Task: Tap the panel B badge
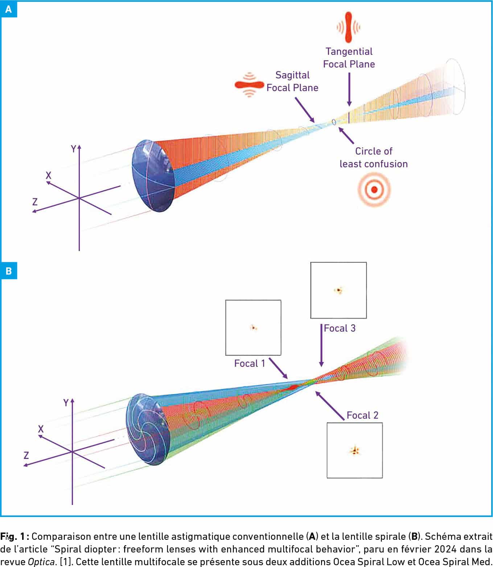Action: click(8, 271)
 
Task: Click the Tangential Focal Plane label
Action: click(349, 58)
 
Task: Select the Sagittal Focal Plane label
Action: click(292, 81)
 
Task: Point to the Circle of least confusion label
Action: click(374, 157)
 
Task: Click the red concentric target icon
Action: click(374, 189)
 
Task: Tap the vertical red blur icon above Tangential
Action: click(349, 27)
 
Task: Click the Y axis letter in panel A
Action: click(73, 149)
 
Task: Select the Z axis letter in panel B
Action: click(26, 455)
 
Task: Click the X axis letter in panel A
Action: click(48, 176)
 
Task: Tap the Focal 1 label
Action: click(250, 363)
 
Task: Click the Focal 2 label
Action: click(362, 415)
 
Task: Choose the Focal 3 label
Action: click(340, 328)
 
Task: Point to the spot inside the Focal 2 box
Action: click(354, 451)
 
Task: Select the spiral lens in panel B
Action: click(147, 428)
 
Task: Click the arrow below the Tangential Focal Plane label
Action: click(349, 89)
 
